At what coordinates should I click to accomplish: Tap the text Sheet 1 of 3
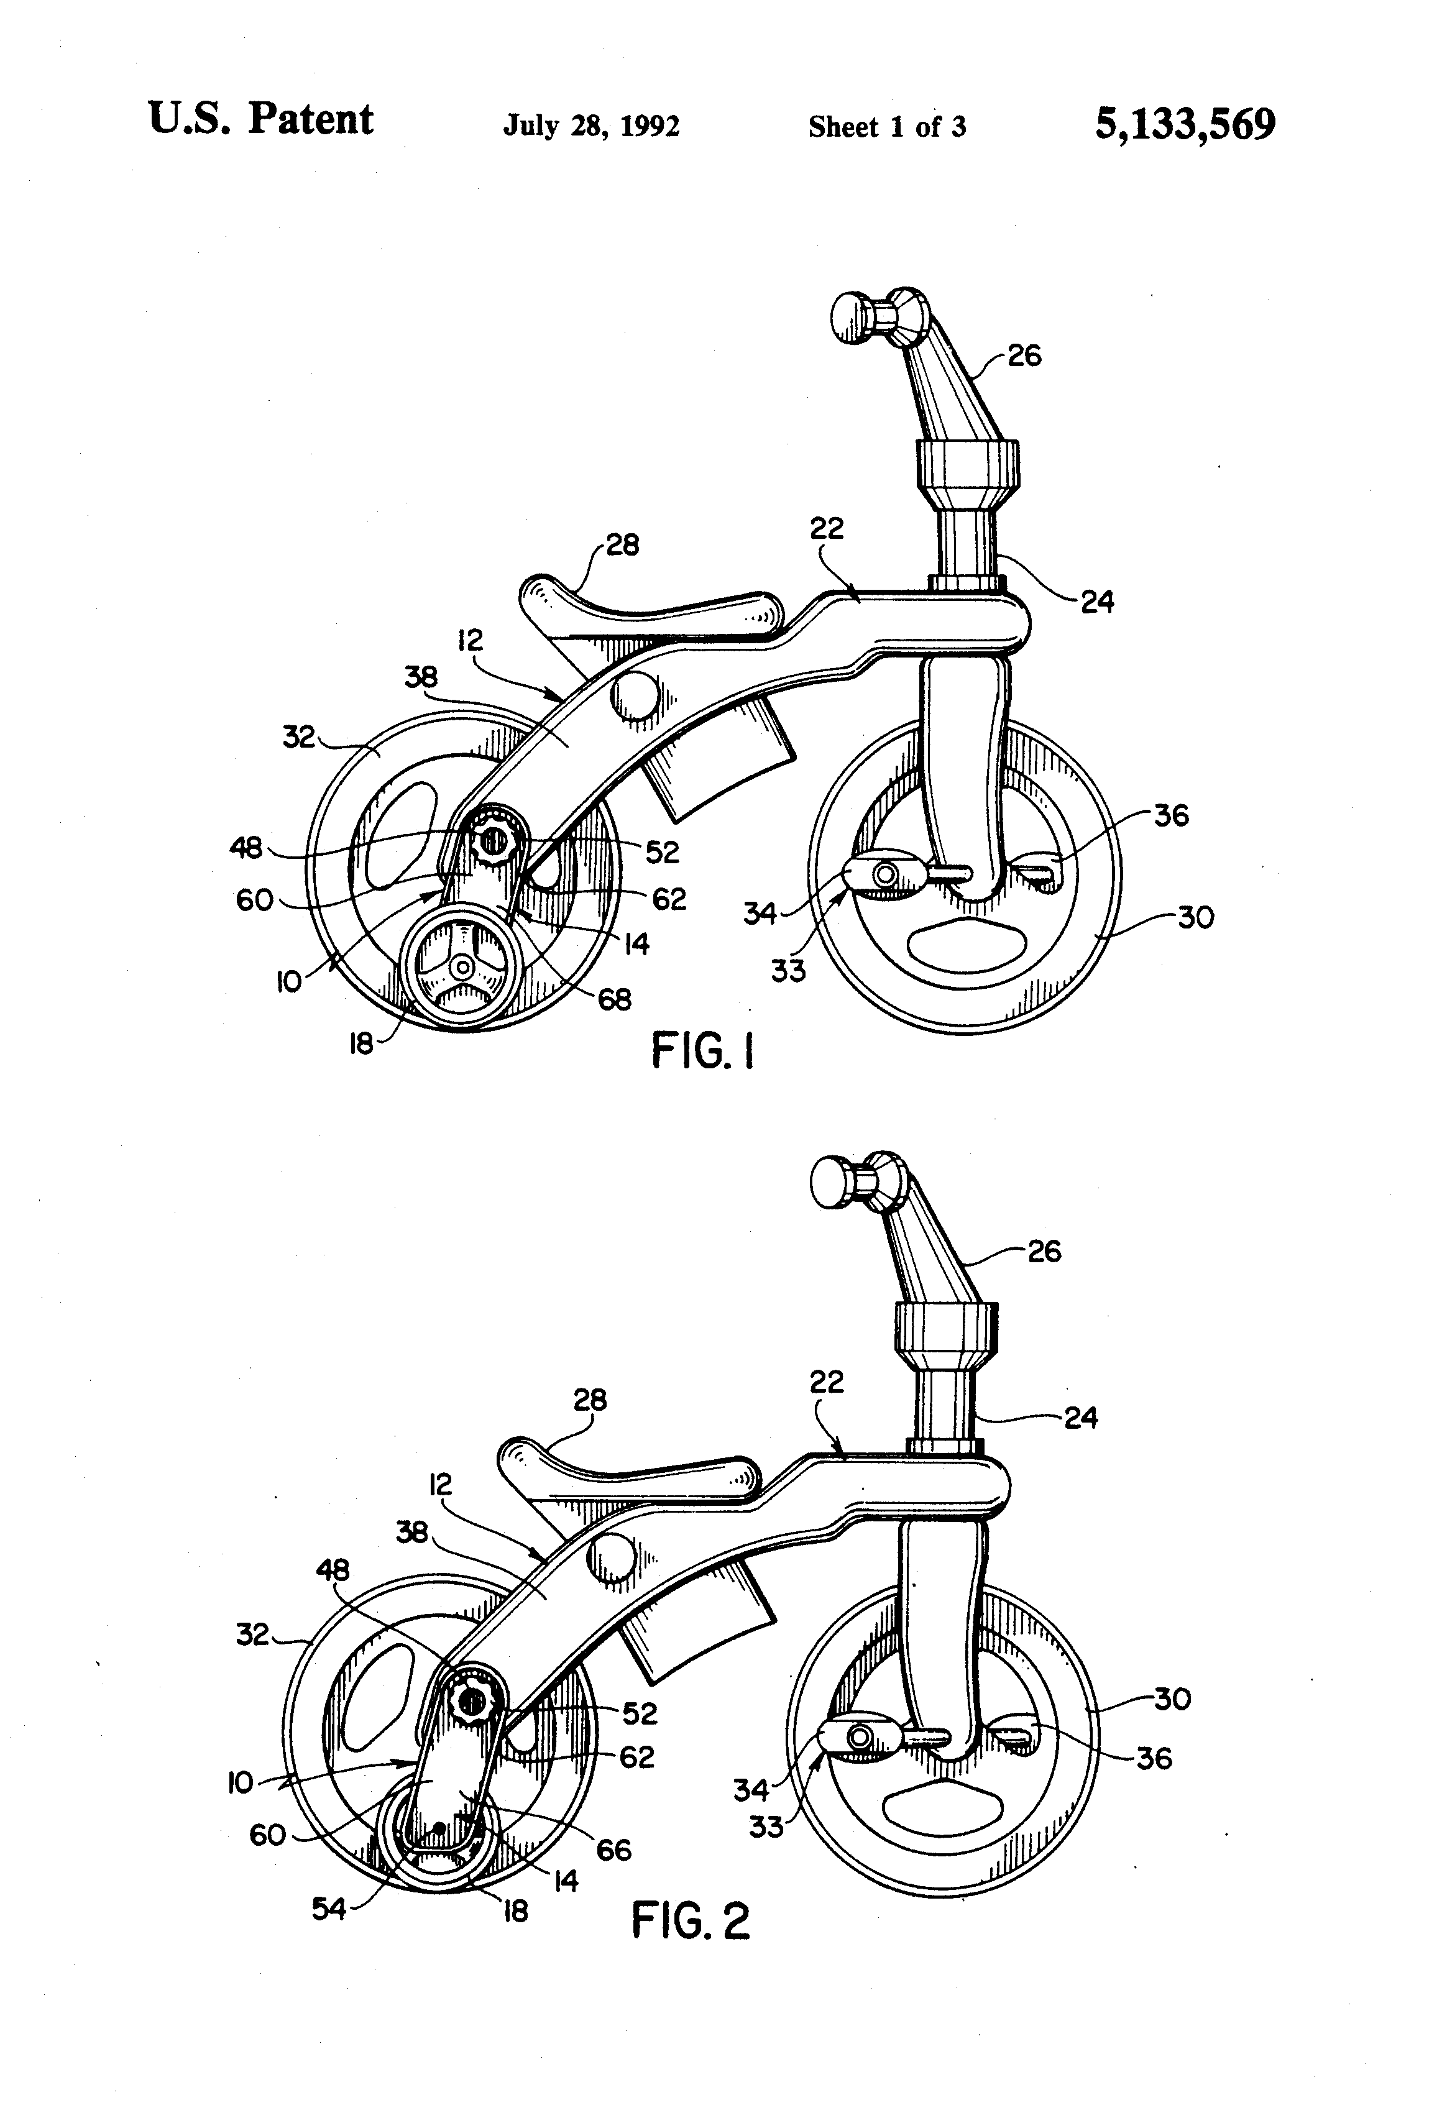pos(886,127)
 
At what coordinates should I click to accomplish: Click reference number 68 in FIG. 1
pos(614,1000)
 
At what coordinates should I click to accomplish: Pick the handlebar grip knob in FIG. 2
pos(831,1183)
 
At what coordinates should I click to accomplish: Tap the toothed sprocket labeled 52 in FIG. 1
pos(492,840)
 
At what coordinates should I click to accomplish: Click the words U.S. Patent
pos(260,119)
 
